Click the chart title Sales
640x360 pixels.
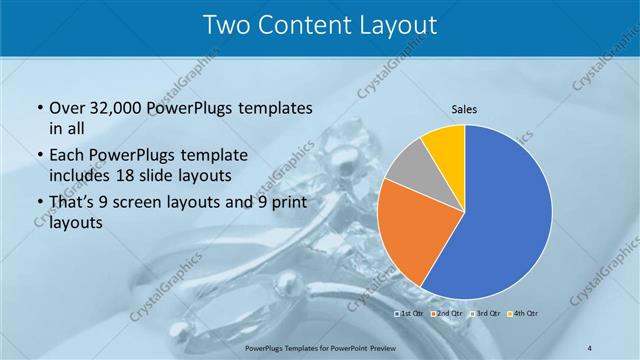[x=465, y=108]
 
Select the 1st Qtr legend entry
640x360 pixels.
[x=409, y=314]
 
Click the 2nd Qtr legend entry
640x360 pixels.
[x=449, y=314]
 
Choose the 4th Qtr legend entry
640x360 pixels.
[x=527, y=314]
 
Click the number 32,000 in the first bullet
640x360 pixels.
[x=117, y=107]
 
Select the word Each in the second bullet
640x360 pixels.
[x=66, y=155]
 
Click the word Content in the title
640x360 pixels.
[x=305, y=25]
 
